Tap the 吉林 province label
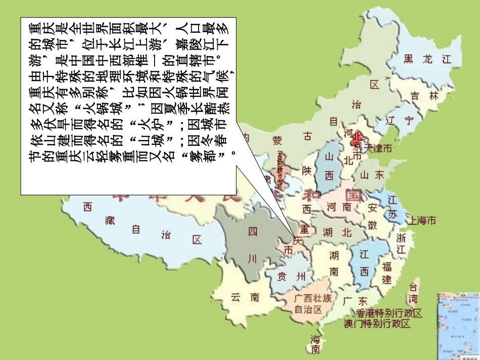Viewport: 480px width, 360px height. click(x=423, y=95)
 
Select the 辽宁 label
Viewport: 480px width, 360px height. click(x=399, y=121)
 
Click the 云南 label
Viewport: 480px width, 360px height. click(x=245, y=297)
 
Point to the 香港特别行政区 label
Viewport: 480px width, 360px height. click(x=389, y=314)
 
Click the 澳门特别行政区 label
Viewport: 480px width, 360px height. click(x=377, y=324)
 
